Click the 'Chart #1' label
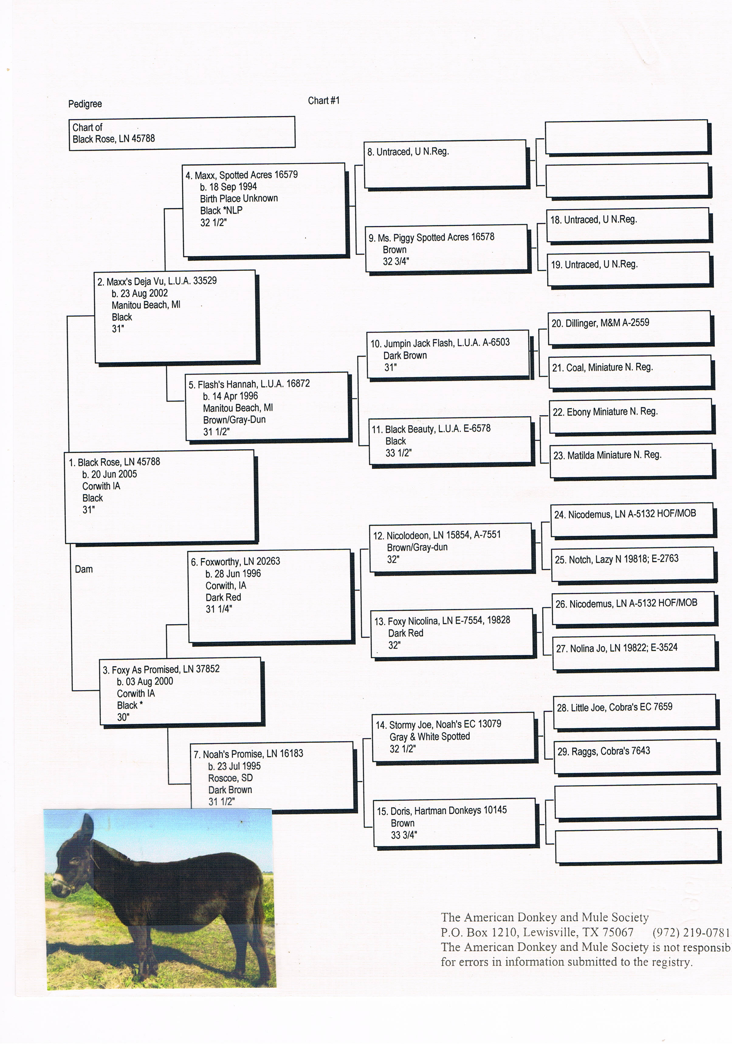[x=324, y=101]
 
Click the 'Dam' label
[x=84, y=569]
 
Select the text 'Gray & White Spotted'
[x=429, y=737]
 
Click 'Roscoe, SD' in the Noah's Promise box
[x=230, y=778]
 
